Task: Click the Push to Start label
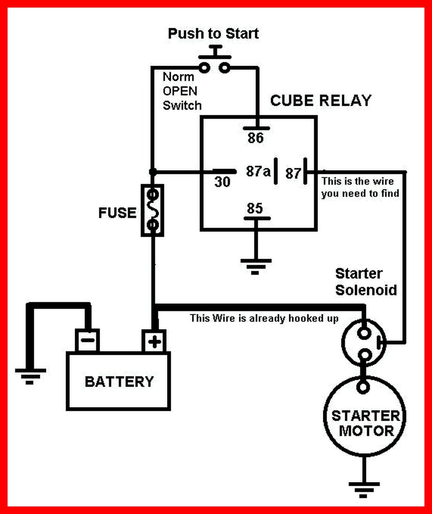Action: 213,34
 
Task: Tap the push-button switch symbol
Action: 215,59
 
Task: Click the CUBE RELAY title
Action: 321,100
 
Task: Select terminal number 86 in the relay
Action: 255,138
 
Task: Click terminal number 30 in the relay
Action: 222,182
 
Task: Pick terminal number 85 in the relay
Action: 255,208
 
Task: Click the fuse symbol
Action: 152,210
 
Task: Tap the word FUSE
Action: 117,213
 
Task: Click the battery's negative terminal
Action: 87,340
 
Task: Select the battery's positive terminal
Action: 154,341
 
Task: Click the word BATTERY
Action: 119,382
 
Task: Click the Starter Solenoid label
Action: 366,282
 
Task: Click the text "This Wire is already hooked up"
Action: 264,318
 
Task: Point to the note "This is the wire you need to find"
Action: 360,187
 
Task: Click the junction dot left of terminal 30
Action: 153,172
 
